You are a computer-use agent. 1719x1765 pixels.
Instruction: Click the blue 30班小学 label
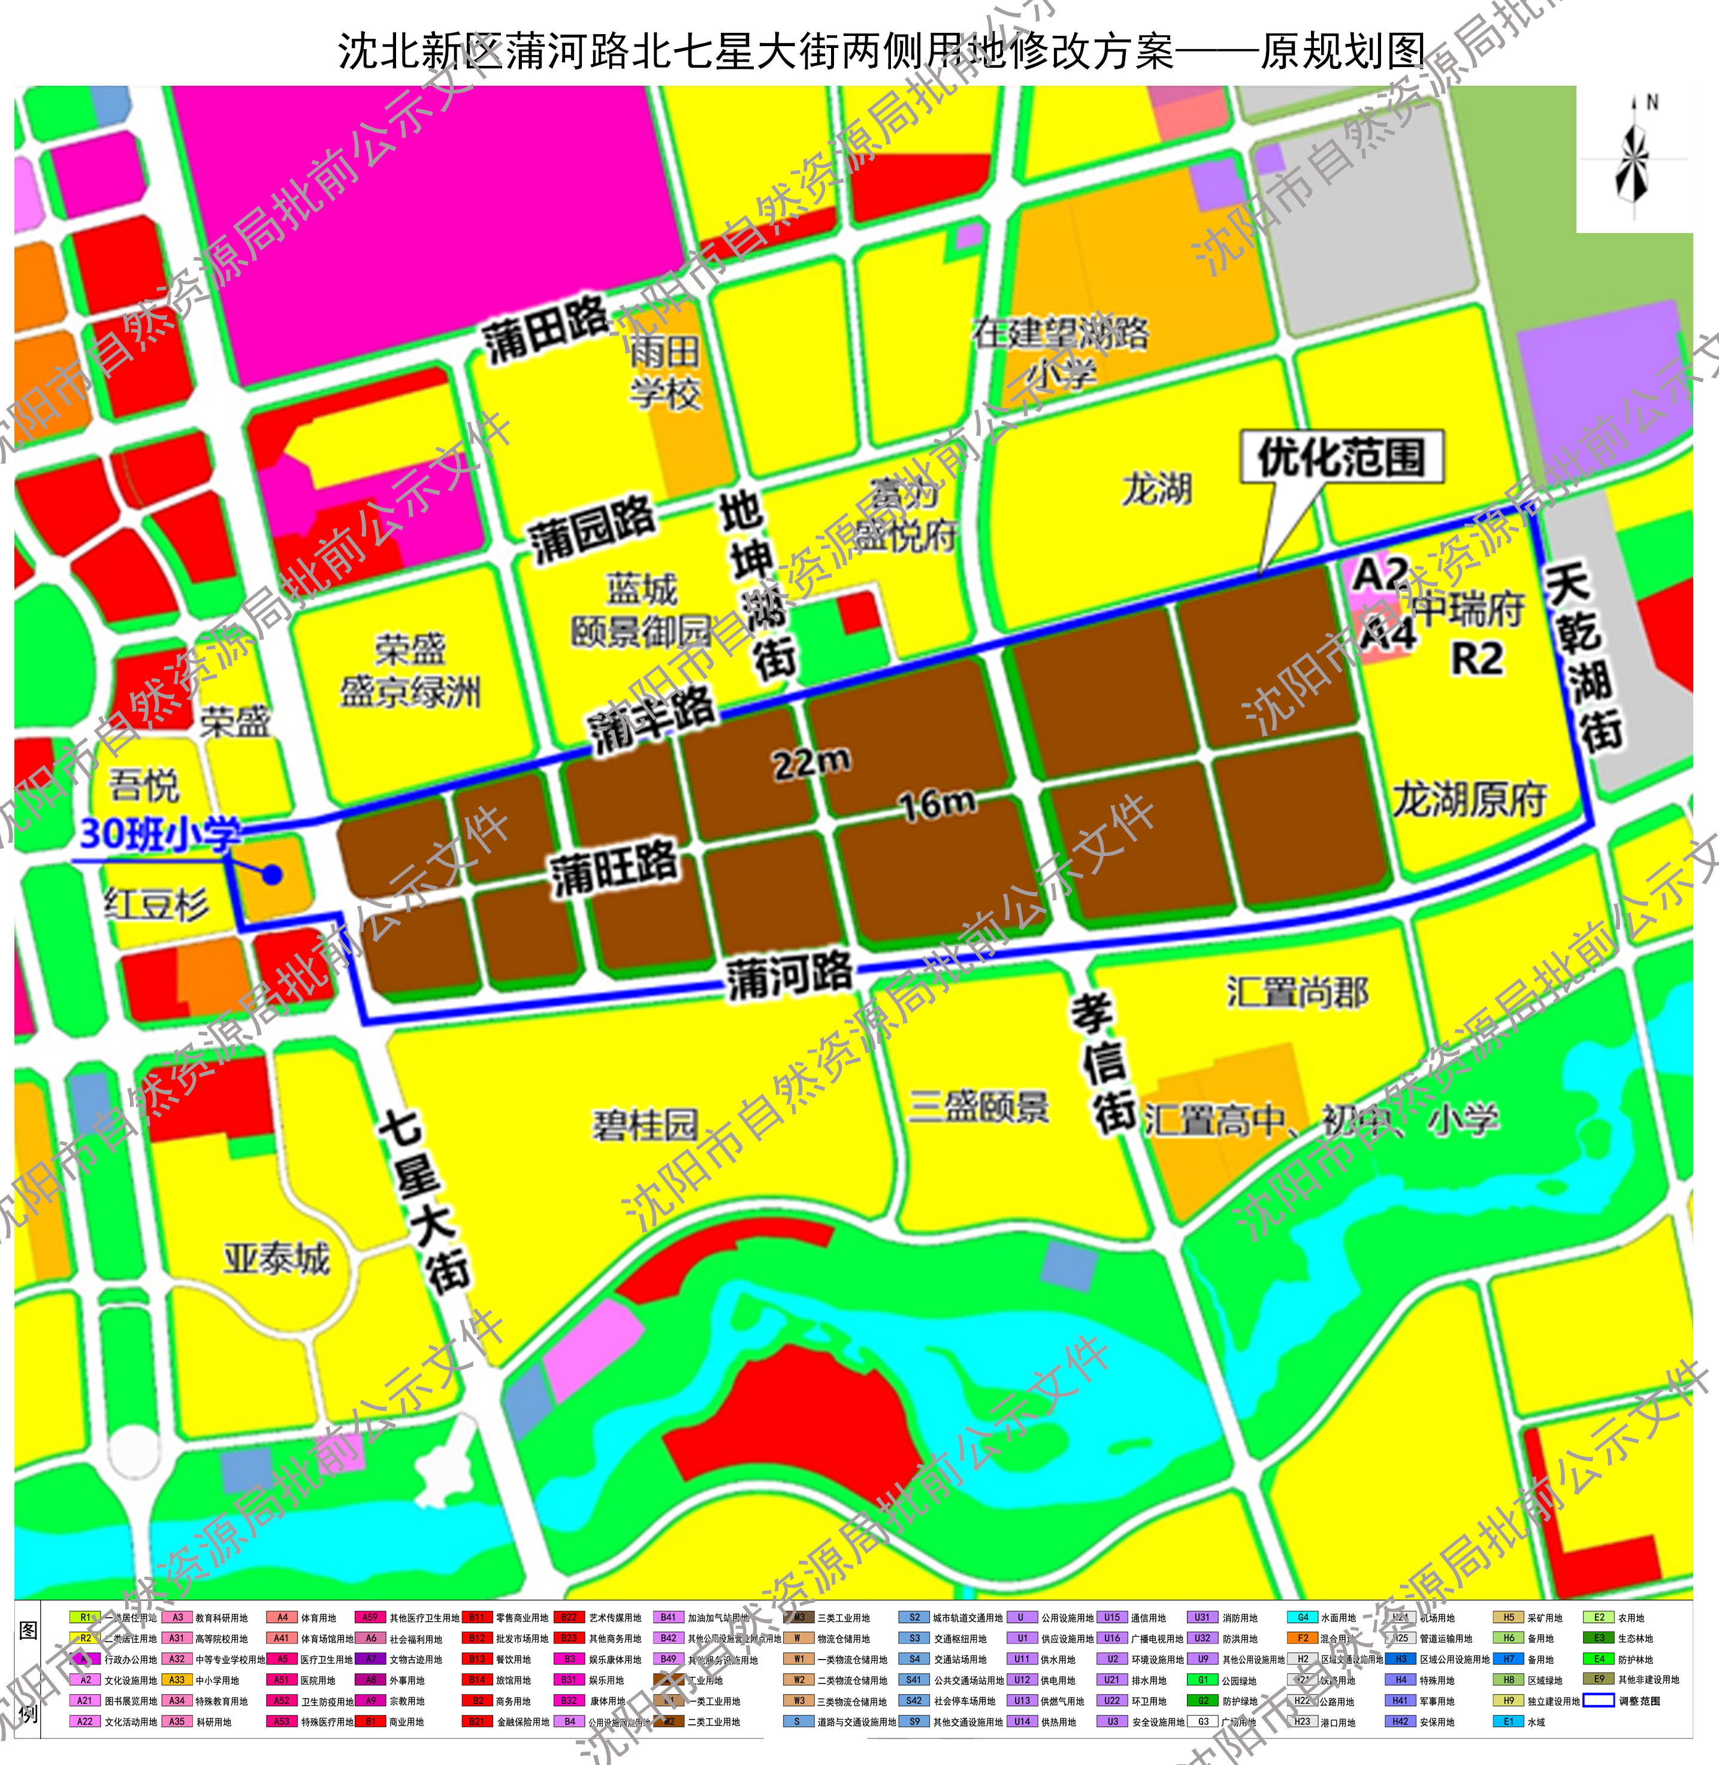[x=161, y=834]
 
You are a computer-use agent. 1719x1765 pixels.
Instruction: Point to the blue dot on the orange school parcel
[x=272, y=874]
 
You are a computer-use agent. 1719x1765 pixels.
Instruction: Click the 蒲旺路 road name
[x=614, y=868]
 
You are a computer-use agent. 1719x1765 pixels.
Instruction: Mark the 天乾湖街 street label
[x=1584, y=657]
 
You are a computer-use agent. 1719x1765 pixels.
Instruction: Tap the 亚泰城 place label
[x=276, y=1258]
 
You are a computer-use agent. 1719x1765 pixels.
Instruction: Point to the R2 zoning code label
[x=1477, y=659]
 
